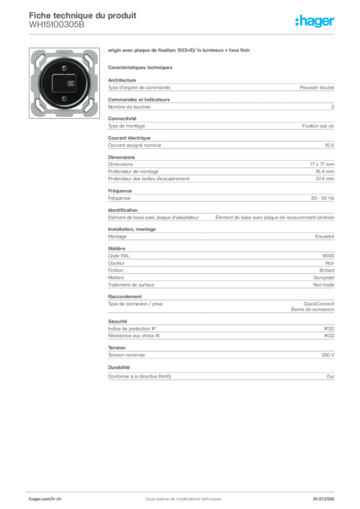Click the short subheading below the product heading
tap(141, 67)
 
